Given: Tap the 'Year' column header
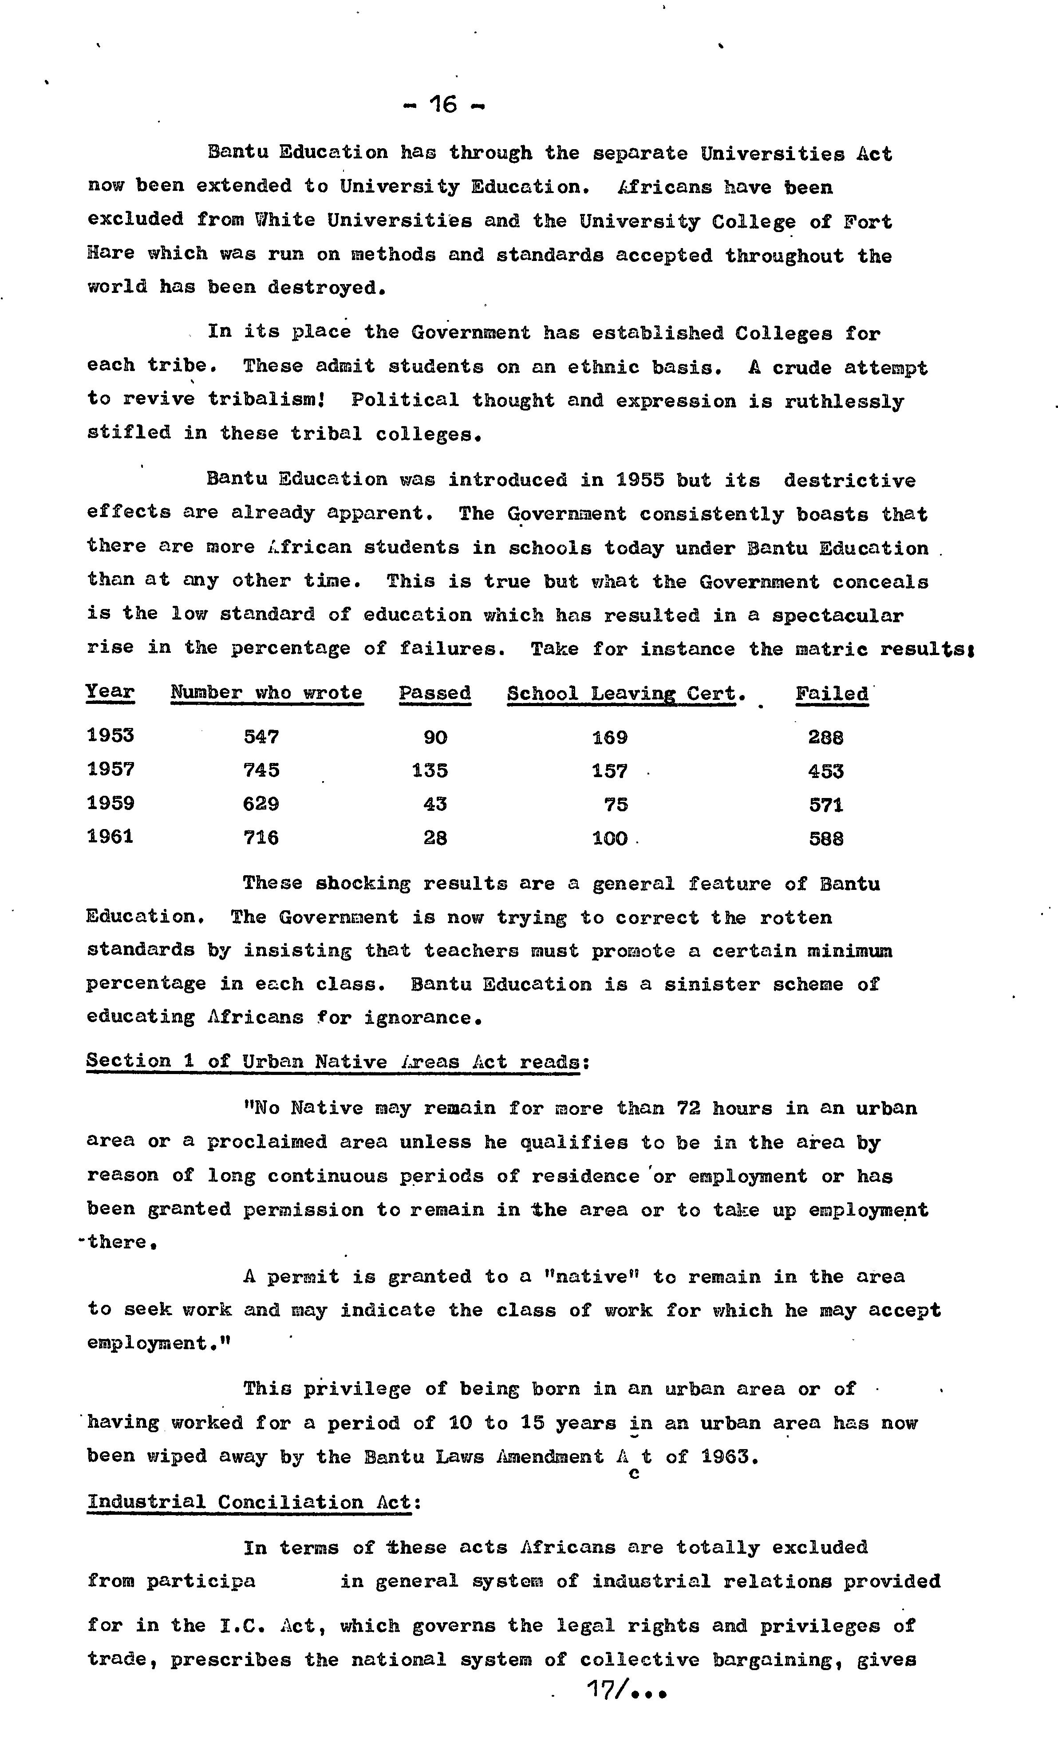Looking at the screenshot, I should click(110, 692).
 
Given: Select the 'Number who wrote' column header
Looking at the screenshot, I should click(267, 693).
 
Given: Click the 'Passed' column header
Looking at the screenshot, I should click(434, 693).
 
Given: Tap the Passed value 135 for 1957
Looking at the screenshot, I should click(430, 770).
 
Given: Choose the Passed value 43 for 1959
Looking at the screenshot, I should click(435, 804).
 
